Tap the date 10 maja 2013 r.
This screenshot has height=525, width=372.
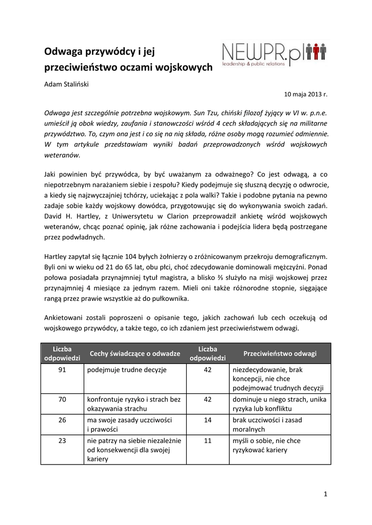[x=305, y=95]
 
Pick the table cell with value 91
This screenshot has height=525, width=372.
[x=63, y=369]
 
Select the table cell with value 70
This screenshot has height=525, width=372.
[x=63, y=399]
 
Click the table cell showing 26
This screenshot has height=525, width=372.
[x=63, y=419]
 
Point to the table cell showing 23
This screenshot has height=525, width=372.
[x=63, y=440]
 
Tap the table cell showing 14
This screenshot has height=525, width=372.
[x=208, y=419]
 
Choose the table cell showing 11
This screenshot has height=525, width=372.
[x=208, y=440]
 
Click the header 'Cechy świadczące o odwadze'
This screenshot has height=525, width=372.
[x=134, y=353]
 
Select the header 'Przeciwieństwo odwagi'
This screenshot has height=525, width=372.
[x=280, y=353]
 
